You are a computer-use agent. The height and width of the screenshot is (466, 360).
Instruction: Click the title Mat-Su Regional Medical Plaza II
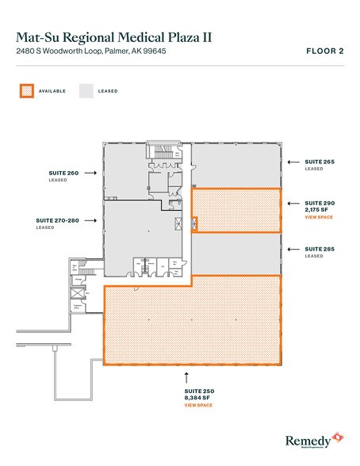[113, 36]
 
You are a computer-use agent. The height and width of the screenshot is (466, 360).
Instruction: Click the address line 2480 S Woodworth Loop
[90, 52]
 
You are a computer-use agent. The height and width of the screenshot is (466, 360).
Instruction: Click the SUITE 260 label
[63, 171]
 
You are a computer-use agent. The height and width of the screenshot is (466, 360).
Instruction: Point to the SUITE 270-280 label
[55, 220]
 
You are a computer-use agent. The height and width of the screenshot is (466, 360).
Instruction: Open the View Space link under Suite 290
[319, 216]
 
